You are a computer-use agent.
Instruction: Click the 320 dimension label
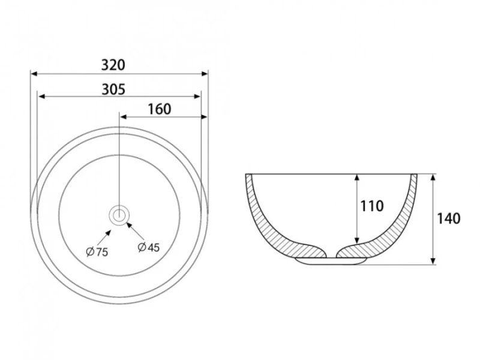[113, 65]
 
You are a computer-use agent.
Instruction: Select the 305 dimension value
[113, 89]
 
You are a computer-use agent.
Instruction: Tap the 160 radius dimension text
[160, 109]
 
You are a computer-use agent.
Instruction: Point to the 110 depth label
[372, 206]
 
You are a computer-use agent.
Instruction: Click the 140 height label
[448, 218]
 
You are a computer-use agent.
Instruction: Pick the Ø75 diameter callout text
[97, 251]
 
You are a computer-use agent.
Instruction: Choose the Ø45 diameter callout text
[149, 247]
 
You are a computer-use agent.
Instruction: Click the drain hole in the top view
[119, 215]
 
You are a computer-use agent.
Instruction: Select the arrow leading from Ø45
[136, 231]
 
